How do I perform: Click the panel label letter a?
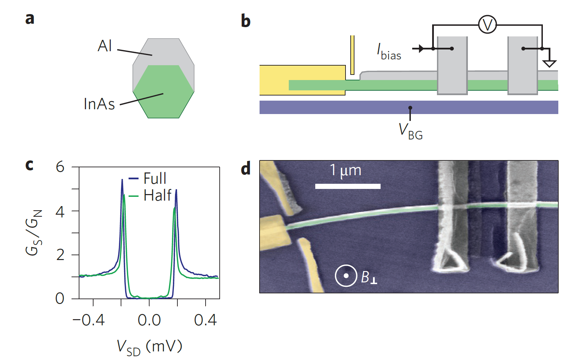pos(30,19)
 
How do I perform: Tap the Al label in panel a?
pos(105,46)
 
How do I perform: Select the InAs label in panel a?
pos(99,104)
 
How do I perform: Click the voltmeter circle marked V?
pos(487,25)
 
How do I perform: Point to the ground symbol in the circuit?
pos(549,63)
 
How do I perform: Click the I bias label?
pos(389,52)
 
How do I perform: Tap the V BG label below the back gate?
pos(410,131)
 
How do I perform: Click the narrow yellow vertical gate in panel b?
pos(352,55)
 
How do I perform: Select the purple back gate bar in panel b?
pos(408,107)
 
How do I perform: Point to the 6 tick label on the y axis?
pos(60,167)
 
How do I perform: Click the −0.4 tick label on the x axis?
pos(88,320)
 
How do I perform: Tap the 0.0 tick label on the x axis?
pos(149,320)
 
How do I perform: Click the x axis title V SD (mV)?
pos(149,347)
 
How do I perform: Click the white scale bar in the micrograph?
pos(348,186)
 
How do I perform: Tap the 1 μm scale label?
pos(346,170)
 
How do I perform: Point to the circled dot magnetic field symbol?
pos(346,275)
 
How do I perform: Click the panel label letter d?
pos(246,169)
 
